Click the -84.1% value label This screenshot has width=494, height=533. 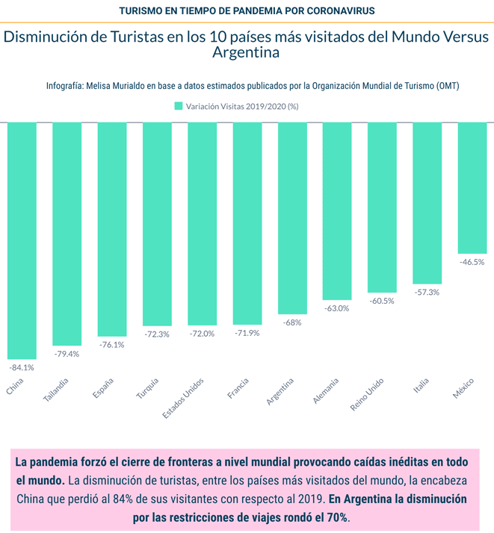pyautogui.click(x=22, y=367)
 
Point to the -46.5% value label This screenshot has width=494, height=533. pyautogui.click(x=472, y=262)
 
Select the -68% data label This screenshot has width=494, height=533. pyautogui.click(x=291, y=322)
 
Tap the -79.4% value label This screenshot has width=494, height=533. pyautogui.click(x=67, y=354)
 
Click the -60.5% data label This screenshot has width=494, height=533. pyautogui.click(x=382, y=300)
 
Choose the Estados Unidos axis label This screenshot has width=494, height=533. pyautogui.click(x=185, y=396)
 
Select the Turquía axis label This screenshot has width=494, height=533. pyautogui.click(x=147, y=387)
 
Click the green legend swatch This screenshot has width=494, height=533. pyautogui.click(x=178, y=106)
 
